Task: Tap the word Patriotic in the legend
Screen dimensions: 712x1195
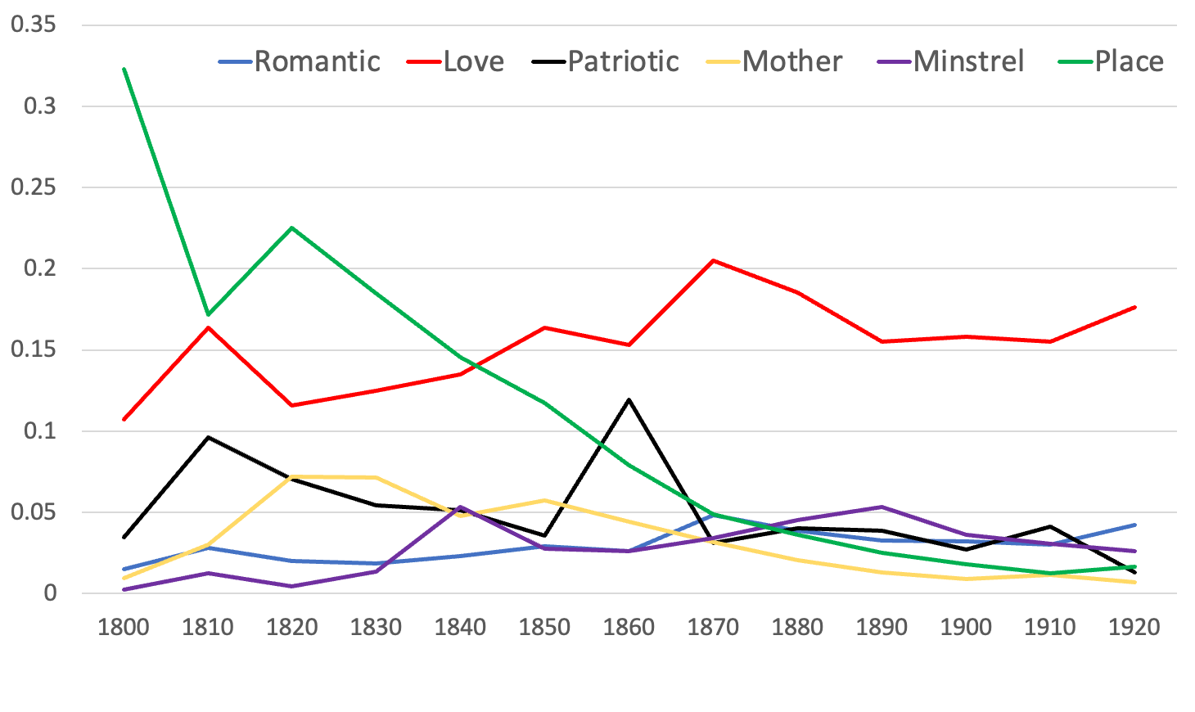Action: point(623,61)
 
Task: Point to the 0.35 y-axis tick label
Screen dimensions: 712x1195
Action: point(34,25)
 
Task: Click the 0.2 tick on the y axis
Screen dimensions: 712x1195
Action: point(39,268)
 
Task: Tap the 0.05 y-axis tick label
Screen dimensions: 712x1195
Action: point(34,512)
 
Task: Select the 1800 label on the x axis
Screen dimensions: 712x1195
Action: point(124,628)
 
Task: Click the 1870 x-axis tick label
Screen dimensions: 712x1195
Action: point(713,628)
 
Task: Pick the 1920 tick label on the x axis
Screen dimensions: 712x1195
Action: point(1134,628)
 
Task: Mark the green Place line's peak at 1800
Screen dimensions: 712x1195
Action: point(124,70)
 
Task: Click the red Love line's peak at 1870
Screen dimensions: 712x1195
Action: point(713,260)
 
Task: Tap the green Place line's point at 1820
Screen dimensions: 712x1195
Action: point(292,228)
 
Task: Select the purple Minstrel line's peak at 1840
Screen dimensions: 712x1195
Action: point(461,507)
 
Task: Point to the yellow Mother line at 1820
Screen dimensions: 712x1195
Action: point(292,476)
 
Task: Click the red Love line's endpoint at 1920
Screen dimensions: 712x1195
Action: point(1134,307)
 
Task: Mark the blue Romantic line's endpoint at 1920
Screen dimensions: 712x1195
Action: point(1134,525)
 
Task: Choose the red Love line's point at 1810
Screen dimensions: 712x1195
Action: point(208,327)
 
